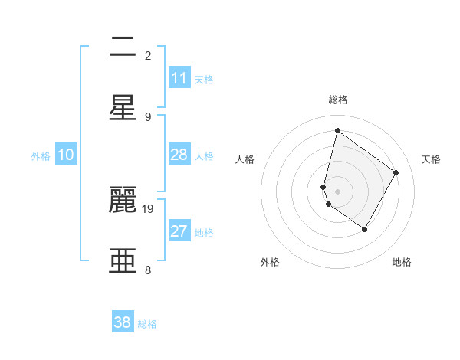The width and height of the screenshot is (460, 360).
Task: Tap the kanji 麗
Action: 123,201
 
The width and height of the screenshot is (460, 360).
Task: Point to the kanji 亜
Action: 123,260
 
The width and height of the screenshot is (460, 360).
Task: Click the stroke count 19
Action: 149,208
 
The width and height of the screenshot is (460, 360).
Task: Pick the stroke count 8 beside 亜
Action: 148,270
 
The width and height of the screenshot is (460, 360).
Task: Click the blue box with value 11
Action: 179,78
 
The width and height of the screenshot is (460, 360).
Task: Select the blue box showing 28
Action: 179,155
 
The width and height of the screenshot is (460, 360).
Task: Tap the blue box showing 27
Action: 179,231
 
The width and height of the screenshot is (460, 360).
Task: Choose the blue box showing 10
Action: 66,155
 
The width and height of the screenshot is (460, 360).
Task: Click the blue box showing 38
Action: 123,322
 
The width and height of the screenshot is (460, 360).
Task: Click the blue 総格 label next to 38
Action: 147,324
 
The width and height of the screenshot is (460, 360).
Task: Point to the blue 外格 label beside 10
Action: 41,156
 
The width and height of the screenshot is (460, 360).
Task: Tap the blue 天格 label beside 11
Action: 204,80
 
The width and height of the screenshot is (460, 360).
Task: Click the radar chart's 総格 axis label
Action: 337,100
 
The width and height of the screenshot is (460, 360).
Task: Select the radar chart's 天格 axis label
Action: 431,159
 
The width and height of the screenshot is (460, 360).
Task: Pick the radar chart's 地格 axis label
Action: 402,262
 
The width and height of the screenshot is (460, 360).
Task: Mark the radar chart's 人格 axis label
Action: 245,159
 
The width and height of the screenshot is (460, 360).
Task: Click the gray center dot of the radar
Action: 337,191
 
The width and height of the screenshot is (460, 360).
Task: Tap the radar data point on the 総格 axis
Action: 337,131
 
